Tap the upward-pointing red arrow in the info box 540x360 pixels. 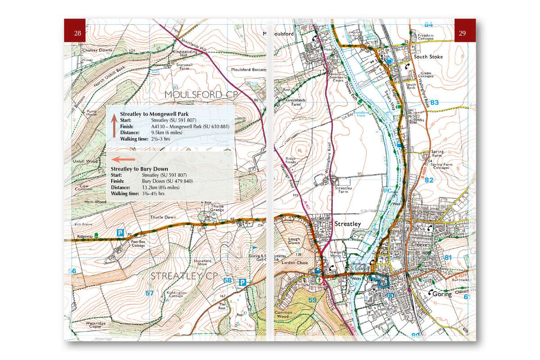(x=114, y=125)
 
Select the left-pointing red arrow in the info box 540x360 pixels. (x=123, y=159)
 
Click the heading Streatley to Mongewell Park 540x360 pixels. (x=154, y=114)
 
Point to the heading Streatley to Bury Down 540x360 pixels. (x=139, y=169)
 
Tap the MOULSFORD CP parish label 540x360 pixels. (x=200, y=94)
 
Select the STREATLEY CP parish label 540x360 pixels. (x=184, y=275)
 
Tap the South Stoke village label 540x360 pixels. (x=428, y=57)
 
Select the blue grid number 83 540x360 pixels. (x=434, y=103)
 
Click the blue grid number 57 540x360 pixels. (x=149, y=293)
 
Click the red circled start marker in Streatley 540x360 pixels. (x=319, y=279)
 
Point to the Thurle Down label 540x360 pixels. (x=163, y=217)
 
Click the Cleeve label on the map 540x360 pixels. (x=419, y=245)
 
